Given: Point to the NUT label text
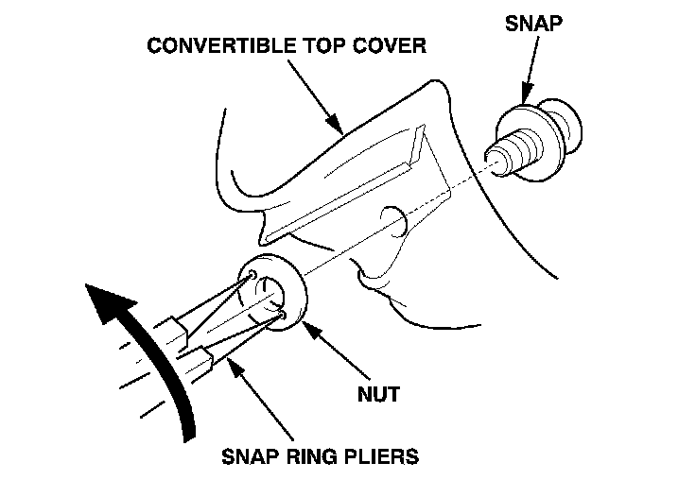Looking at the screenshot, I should (377, 393).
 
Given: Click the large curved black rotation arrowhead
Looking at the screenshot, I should (106, 302).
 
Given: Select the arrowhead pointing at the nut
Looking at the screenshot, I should (312, 323).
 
